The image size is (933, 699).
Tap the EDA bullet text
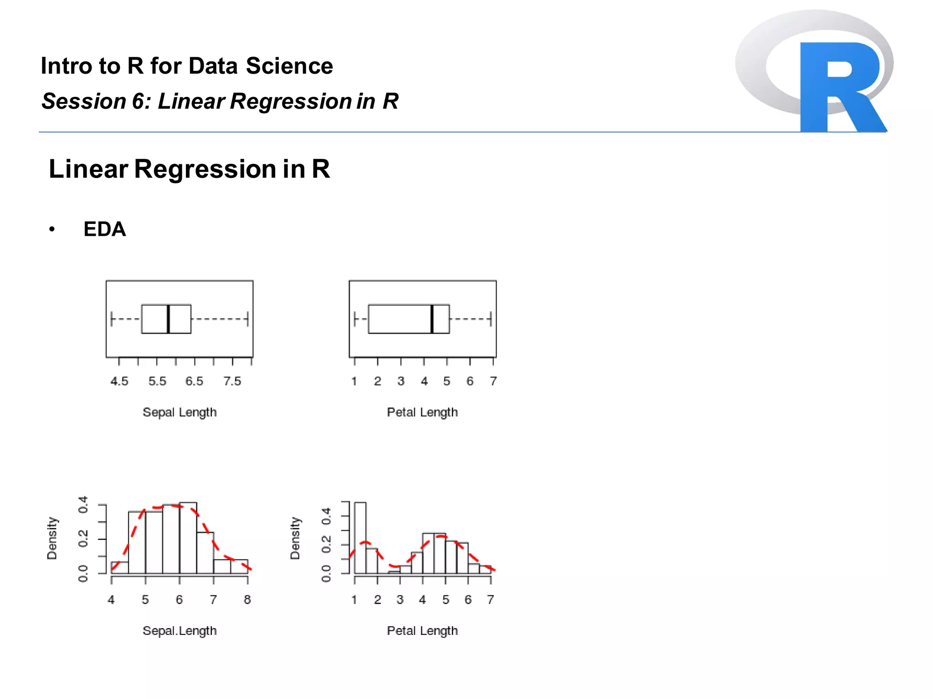104,229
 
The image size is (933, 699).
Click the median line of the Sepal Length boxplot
168,319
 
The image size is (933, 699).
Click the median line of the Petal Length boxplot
431,319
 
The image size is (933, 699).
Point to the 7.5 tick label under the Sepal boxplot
232,381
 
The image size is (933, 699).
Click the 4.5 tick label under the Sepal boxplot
119,381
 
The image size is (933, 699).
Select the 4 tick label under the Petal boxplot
424,381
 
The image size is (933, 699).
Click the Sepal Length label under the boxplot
179,412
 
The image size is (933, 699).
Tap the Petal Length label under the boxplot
422,412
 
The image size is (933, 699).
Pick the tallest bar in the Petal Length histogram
360,537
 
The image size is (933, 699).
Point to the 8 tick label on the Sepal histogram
247,600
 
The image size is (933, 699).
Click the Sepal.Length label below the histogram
179,631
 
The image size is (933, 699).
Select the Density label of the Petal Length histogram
295,538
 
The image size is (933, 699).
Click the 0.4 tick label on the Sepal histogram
83,505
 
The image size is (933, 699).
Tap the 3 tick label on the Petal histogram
400,600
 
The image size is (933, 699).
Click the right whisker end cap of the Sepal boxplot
247,319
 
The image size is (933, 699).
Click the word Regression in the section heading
205,169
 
